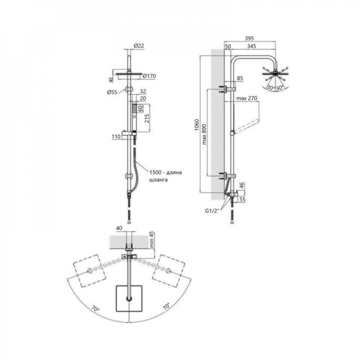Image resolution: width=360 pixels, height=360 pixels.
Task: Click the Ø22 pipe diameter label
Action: point(139,46)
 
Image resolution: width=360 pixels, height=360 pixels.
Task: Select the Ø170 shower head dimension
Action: point(149,76)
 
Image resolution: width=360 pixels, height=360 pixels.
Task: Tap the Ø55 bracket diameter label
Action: point(112,92)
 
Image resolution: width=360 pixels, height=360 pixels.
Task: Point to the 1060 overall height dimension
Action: point(197,125)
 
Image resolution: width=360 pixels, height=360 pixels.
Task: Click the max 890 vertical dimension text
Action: point(204,134)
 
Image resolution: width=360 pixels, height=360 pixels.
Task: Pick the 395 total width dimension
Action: point(249,39)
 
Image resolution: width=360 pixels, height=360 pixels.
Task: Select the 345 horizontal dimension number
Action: point(251,46)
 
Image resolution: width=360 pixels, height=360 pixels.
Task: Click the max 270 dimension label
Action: point(247,98)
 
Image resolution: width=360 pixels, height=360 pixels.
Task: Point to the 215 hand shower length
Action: point(147,118)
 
